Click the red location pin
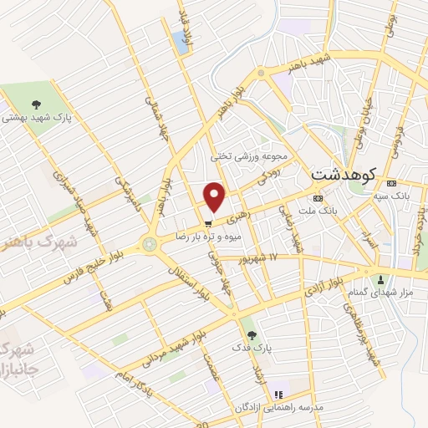216,196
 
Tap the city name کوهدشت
344,176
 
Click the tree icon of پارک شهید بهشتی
36,104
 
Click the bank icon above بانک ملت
318,199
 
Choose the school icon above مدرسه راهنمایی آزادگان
279,393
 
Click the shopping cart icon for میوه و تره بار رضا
206,224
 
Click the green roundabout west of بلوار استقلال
150,245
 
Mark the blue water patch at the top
180,39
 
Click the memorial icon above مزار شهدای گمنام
382,278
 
